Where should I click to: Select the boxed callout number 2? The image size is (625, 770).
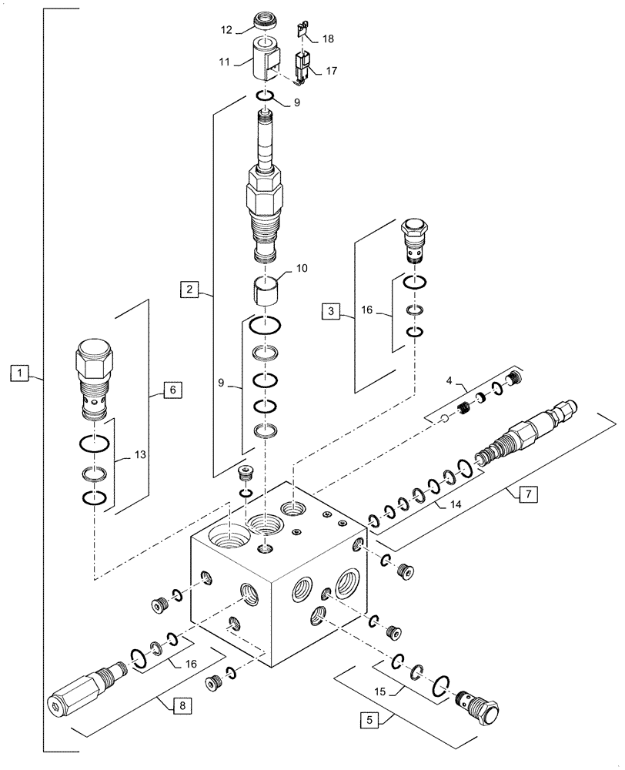(189, 290)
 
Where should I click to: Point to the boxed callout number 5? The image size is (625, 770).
(370, 721)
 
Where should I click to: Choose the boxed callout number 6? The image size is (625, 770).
(172, 390)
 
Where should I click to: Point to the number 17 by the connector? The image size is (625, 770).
(331, 71)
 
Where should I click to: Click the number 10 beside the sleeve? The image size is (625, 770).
(300, 269)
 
